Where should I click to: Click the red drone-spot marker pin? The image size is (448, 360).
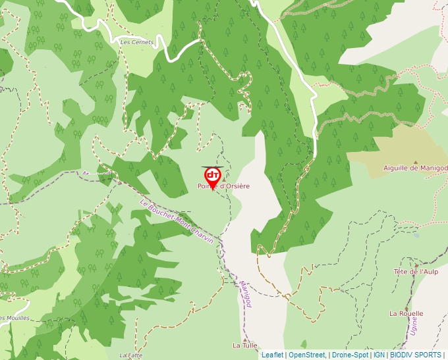(213, 176)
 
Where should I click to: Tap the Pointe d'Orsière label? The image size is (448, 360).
(224, 186)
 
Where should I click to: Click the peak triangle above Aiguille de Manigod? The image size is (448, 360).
(415, 161)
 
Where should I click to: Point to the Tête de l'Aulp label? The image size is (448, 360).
(416, 272)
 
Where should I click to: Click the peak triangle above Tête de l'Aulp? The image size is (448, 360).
(416, 265)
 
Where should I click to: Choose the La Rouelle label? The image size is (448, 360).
(406, 313)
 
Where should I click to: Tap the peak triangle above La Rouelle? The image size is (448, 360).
(406, 307)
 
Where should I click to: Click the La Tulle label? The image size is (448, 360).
(244, 345)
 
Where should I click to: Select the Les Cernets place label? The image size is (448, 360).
(136, 42)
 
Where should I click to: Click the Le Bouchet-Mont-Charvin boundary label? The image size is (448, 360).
(177, 222)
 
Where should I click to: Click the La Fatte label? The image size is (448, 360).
(132, 355)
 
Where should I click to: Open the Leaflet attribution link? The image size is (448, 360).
(272, 355)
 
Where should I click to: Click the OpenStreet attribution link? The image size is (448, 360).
(307, 355)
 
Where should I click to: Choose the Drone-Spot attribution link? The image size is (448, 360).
(350, 355)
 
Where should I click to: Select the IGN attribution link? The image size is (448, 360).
(379, 355)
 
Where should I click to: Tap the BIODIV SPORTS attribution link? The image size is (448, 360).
(415, 355)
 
